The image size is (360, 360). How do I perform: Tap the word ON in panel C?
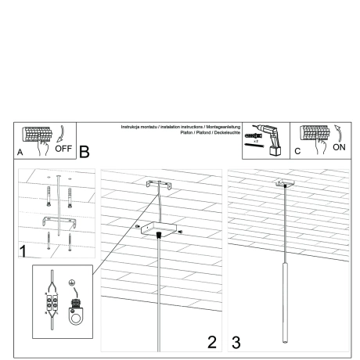[x=337, y=146]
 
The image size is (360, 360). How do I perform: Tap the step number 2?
[x=211, y=341]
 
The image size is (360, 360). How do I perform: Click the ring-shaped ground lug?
[x=77, y=317]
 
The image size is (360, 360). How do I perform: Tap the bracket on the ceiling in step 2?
[x=159, y=186]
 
